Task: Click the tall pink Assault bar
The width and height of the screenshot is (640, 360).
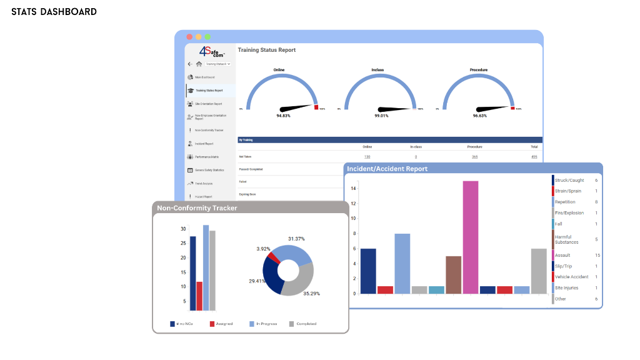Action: pyautogui.click(x=471, y=237)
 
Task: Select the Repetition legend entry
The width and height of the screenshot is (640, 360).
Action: pyautogui.click(x=565, y=202)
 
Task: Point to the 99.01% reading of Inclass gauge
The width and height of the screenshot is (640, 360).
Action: pyautogui.click(x=381, y=116)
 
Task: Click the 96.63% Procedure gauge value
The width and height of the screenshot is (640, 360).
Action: pyautogui.click(x=479, y=116)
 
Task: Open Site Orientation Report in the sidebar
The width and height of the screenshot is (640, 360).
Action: pyautogui.click(x=209, y=104)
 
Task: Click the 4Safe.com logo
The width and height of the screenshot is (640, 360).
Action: pyautogui.click(x=211, y=52)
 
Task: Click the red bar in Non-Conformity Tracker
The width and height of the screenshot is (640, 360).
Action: pyautogui.click(x=199, y=296)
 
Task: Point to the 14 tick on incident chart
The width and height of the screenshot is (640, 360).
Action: pyautogui.click(x=353, y=188)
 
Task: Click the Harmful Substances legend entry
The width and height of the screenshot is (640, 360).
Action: pyautogui.click(x=566, y=239)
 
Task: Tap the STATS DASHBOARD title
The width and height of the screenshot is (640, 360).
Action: pyautogui.click(x=54, y=12)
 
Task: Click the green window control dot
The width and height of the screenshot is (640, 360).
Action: pyautogui.click(x=207, y=37)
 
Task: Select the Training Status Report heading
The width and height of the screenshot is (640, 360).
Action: pyautogui.click(x=267, y=50)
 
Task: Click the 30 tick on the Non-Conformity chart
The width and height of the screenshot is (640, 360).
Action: pyautogui.click(x=183, y=229)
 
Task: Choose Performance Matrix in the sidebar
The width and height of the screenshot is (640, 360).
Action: pyautogui.click(x=206, y=157)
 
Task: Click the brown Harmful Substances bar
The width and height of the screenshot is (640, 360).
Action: pyautogui.click(x=453, y=274)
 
